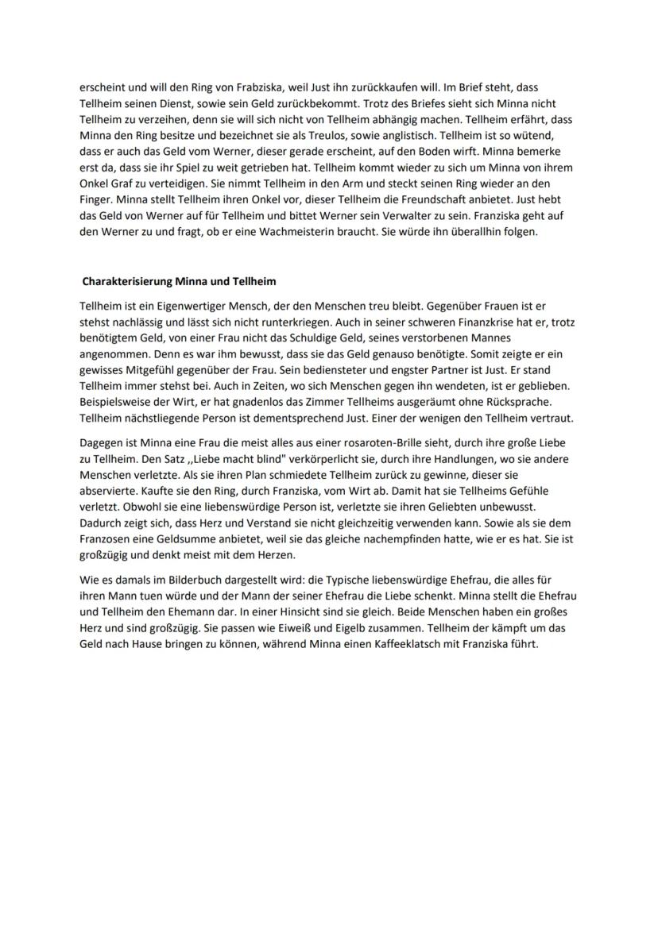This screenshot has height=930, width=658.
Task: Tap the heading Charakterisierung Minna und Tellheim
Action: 179,281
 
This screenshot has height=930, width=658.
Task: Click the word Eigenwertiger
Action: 181,305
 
